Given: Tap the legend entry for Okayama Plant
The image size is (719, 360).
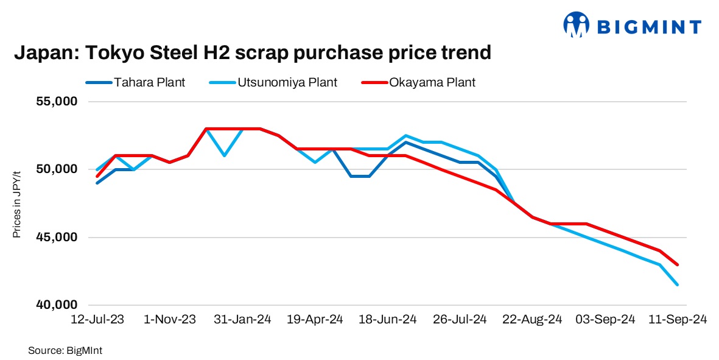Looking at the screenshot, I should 432,82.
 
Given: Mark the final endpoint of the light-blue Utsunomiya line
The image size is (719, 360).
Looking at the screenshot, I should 678,284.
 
